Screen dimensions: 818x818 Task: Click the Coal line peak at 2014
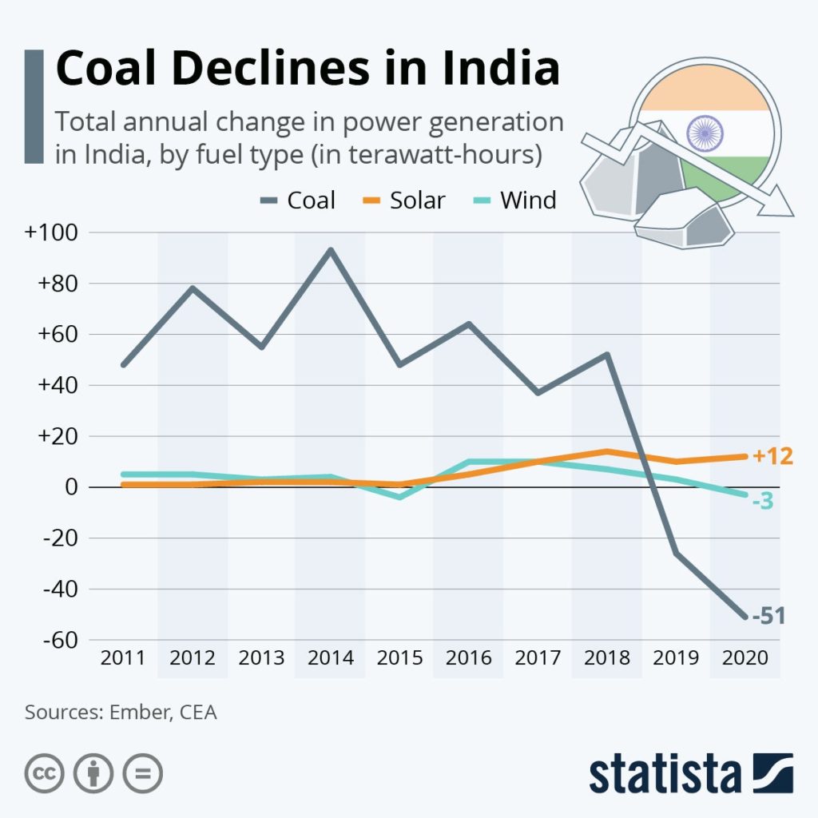click(330, 250)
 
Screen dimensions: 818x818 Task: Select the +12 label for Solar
click(772, 457)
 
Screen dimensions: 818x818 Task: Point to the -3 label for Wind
click(762, 502)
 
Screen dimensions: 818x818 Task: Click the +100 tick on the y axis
click(50, 232)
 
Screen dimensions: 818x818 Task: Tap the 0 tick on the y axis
click(71, 487)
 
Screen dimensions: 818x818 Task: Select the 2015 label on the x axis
click(399, 658)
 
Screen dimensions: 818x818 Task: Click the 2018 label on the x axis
click(606, 658)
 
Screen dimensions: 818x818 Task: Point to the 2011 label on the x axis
click(123, 658)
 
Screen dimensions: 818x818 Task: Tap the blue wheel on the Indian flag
click(705, 132)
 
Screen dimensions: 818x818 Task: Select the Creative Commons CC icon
click(45, 773)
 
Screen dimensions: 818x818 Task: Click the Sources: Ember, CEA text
click(121, 712)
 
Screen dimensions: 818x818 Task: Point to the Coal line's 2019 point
click(676, 553)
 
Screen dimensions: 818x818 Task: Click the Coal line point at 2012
click(193, 288)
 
